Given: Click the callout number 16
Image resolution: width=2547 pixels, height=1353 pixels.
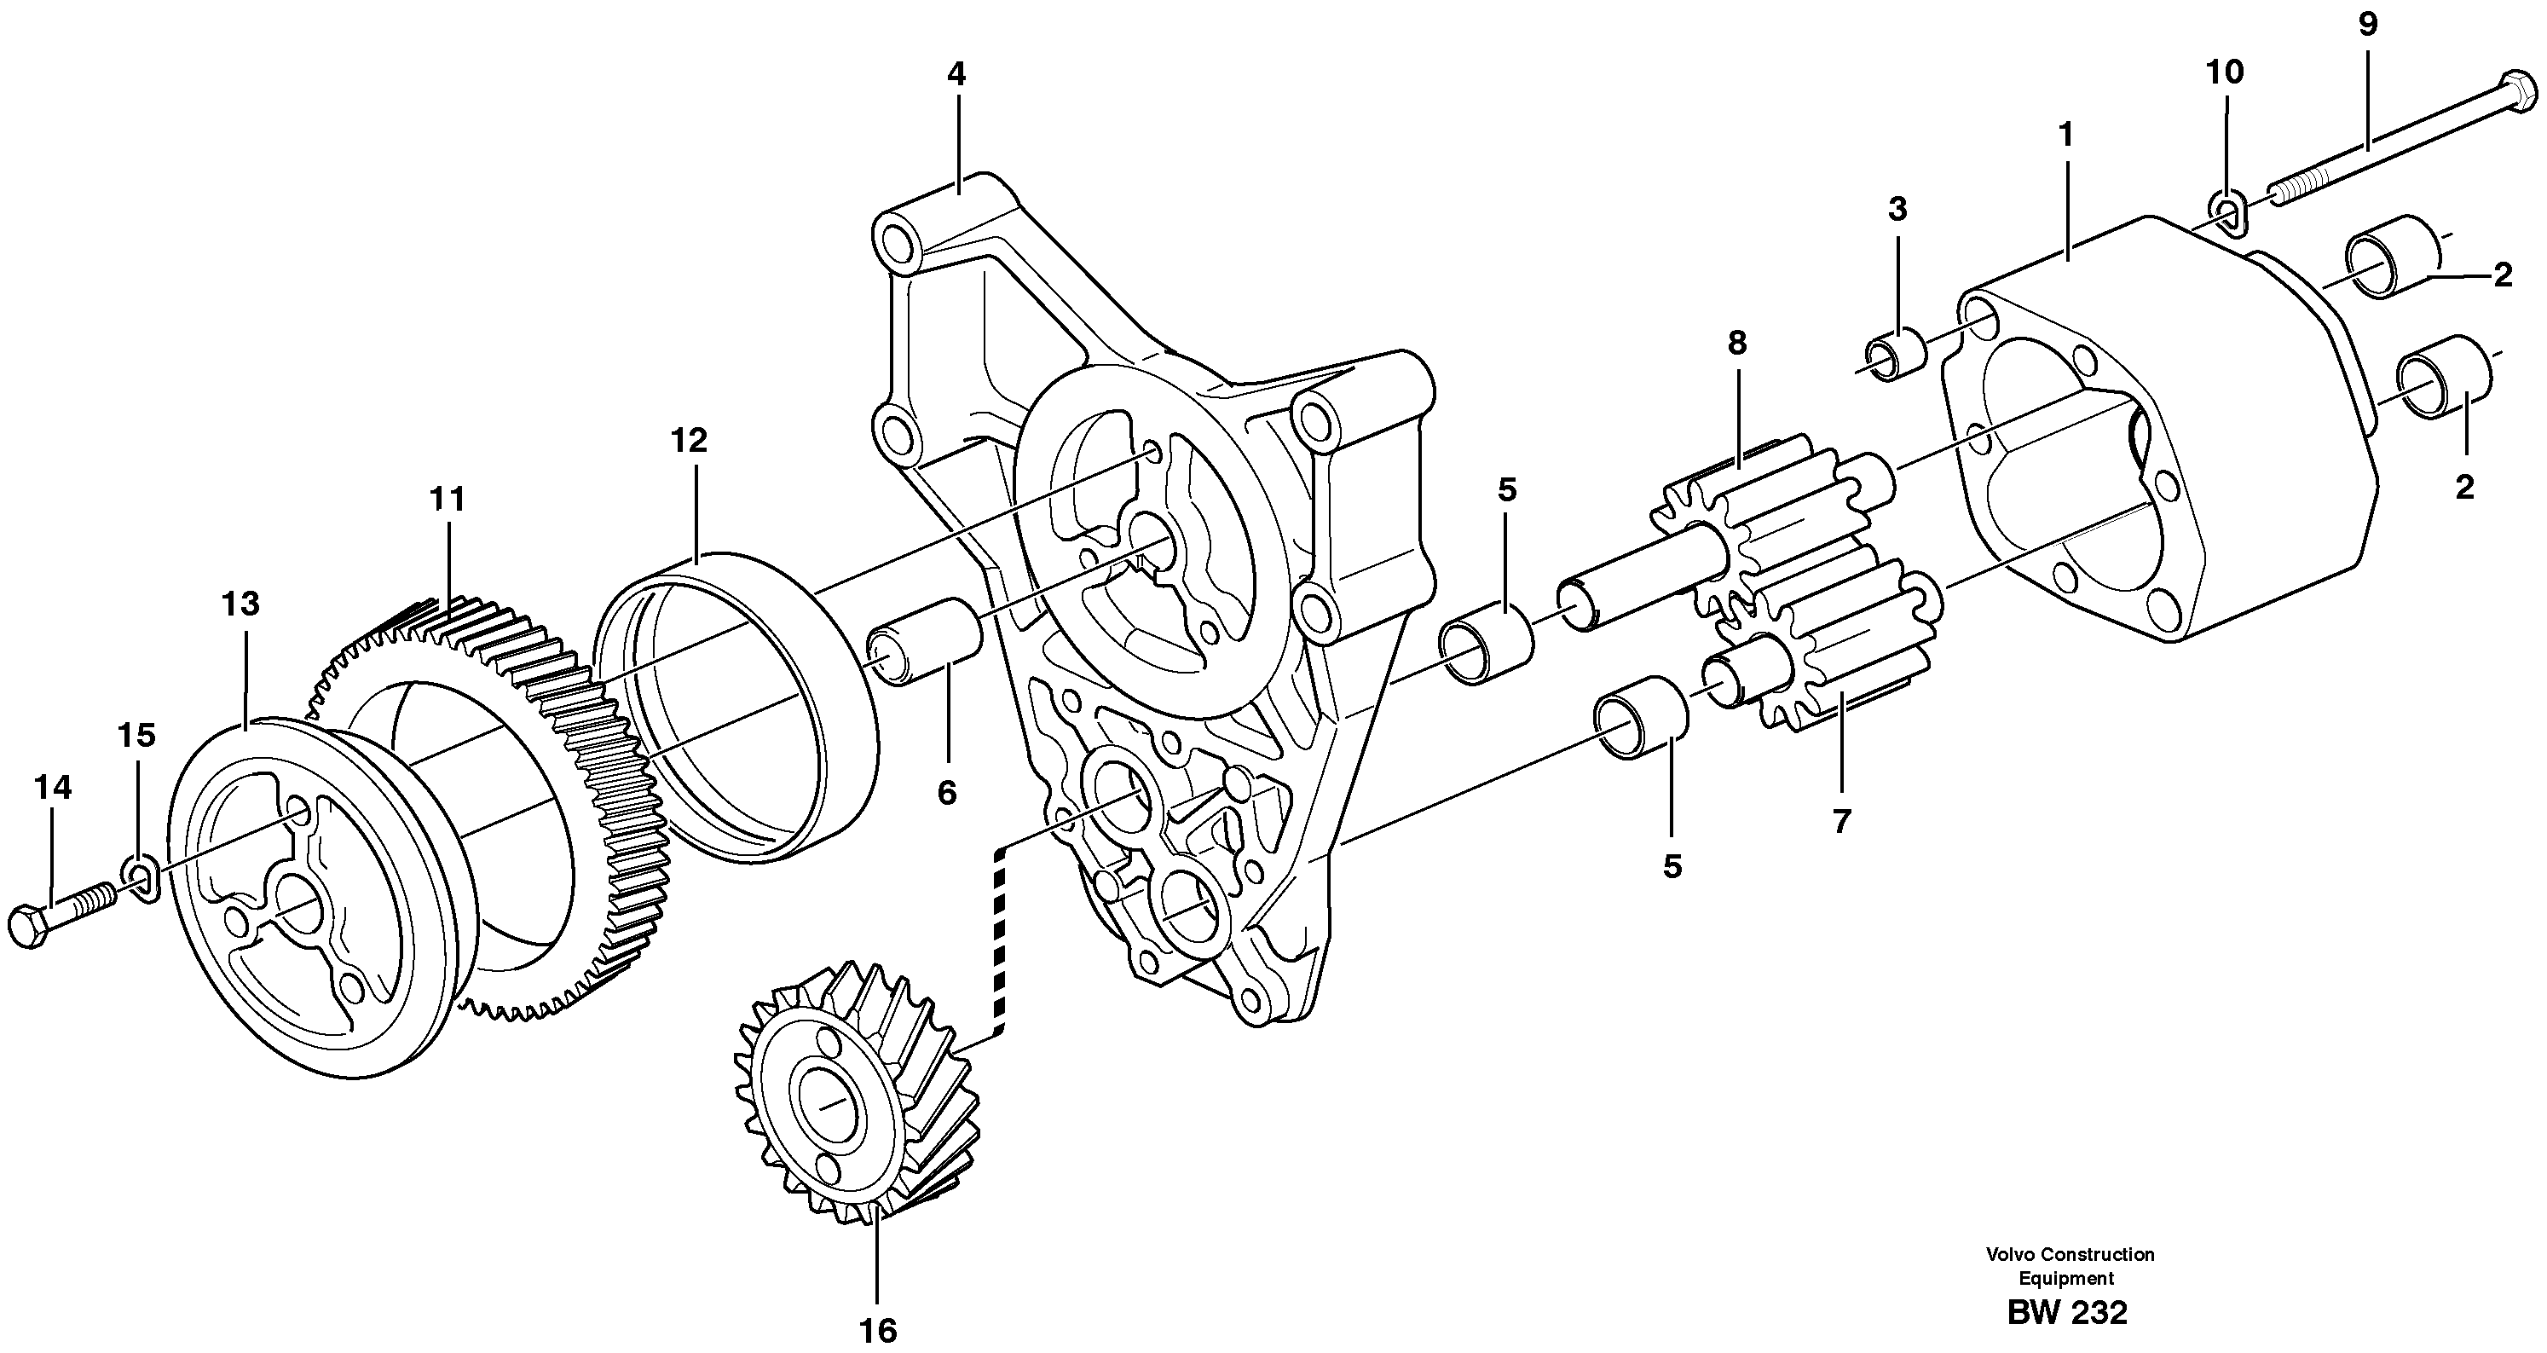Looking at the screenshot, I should (877, 1329).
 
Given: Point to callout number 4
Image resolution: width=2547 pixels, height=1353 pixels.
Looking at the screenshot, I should (955, 73).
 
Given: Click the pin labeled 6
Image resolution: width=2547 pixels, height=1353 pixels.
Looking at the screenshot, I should (926, 654).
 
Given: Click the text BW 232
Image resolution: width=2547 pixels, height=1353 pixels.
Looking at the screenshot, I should (2066, 1311).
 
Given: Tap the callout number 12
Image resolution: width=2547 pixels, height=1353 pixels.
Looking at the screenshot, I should (688, 440).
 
